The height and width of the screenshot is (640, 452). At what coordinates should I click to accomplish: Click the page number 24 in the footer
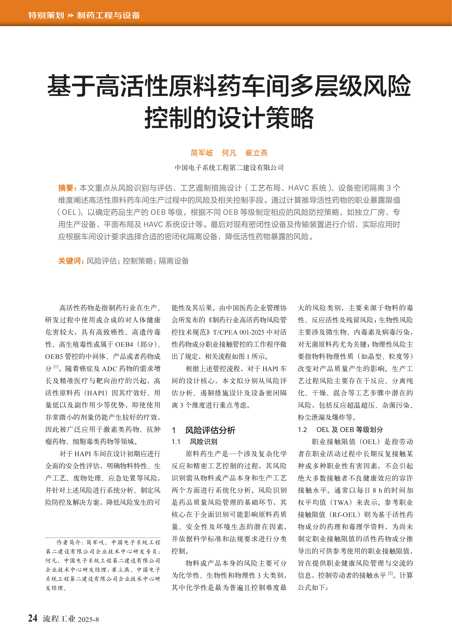(33, 618)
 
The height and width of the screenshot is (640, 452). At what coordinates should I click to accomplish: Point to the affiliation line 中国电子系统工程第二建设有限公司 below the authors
(229, 168)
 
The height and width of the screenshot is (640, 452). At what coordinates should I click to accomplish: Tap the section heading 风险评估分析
(210, 430)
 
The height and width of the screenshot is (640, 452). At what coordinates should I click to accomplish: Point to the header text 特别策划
(46, 15)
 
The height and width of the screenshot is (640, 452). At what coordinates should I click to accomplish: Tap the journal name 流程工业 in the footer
(59, 619)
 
